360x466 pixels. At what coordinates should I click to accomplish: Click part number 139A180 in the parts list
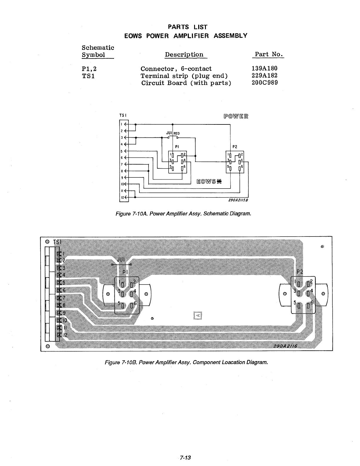(x=264, y=69)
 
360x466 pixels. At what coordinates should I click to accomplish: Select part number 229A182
(x=264, y=76)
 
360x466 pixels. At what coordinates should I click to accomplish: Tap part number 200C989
(x=264, y=83)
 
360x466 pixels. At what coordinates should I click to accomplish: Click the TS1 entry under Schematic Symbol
(x=88, y=76)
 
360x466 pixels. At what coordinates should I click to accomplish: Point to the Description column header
(x=184, y=55)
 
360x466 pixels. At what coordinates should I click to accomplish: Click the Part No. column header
(x=269, y=54)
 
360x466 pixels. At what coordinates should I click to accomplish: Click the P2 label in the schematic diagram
(x=235, y=146)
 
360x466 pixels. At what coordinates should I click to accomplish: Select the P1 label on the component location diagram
(x=125, y=272)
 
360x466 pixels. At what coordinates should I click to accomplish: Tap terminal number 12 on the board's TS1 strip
(x=66, y=335)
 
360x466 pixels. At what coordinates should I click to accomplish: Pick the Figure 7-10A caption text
(x=184, y=213)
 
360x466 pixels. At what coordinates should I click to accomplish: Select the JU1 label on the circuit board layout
(x=121, y=259)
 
